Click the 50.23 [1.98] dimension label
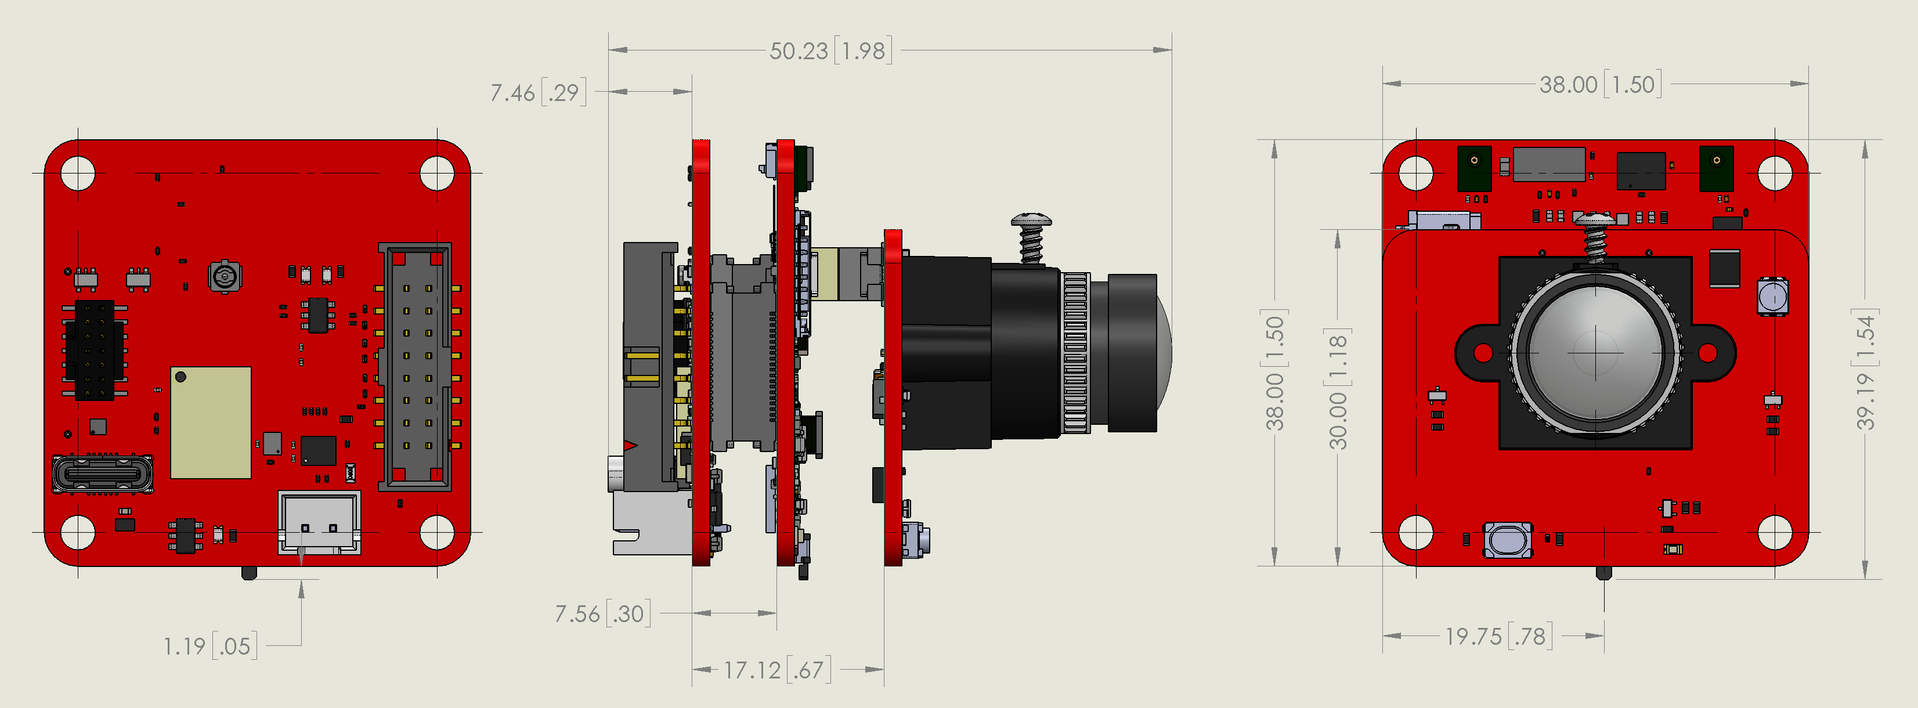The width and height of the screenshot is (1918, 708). [x=831, y=50]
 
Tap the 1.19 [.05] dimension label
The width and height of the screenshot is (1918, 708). [x=211, y=645]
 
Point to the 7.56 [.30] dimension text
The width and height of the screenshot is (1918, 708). [x=602, y=613]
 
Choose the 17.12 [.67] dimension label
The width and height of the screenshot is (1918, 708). [x=777, y=670]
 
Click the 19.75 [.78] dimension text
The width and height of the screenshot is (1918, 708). [x=1499, y=637]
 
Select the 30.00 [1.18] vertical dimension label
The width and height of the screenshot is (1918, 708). [x=1338, y=389]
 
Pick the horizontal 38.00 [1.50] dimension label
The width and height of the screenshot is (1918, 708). [x=1601, y=84]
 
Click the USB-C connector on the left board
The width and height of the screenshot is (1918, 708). [x=103, y=474]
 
